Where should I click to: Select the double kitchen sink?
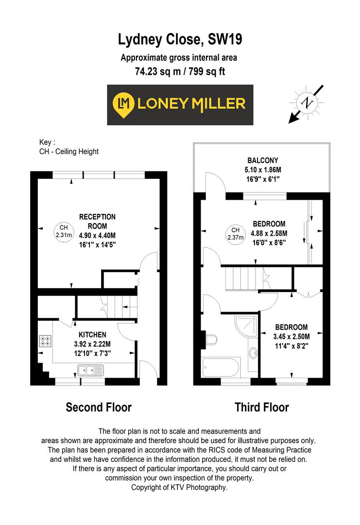pos(89,371)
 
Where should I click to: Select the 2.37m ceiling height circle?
pos(235,233)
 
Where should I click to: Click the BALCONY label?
pos(262,160)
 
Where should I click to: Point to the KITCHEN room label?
pos(92,334)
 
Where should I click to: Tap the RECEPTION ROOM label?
pos(98,221)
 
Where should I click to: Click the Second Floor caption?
pos(99,407)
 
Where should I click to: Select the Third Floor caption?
pos(262,407)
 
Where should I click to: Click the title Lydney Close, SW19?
pos(180,39)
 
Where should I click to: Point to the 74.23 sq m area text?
pos(155,71)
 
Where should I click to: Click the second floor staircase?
pos(117,307)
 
